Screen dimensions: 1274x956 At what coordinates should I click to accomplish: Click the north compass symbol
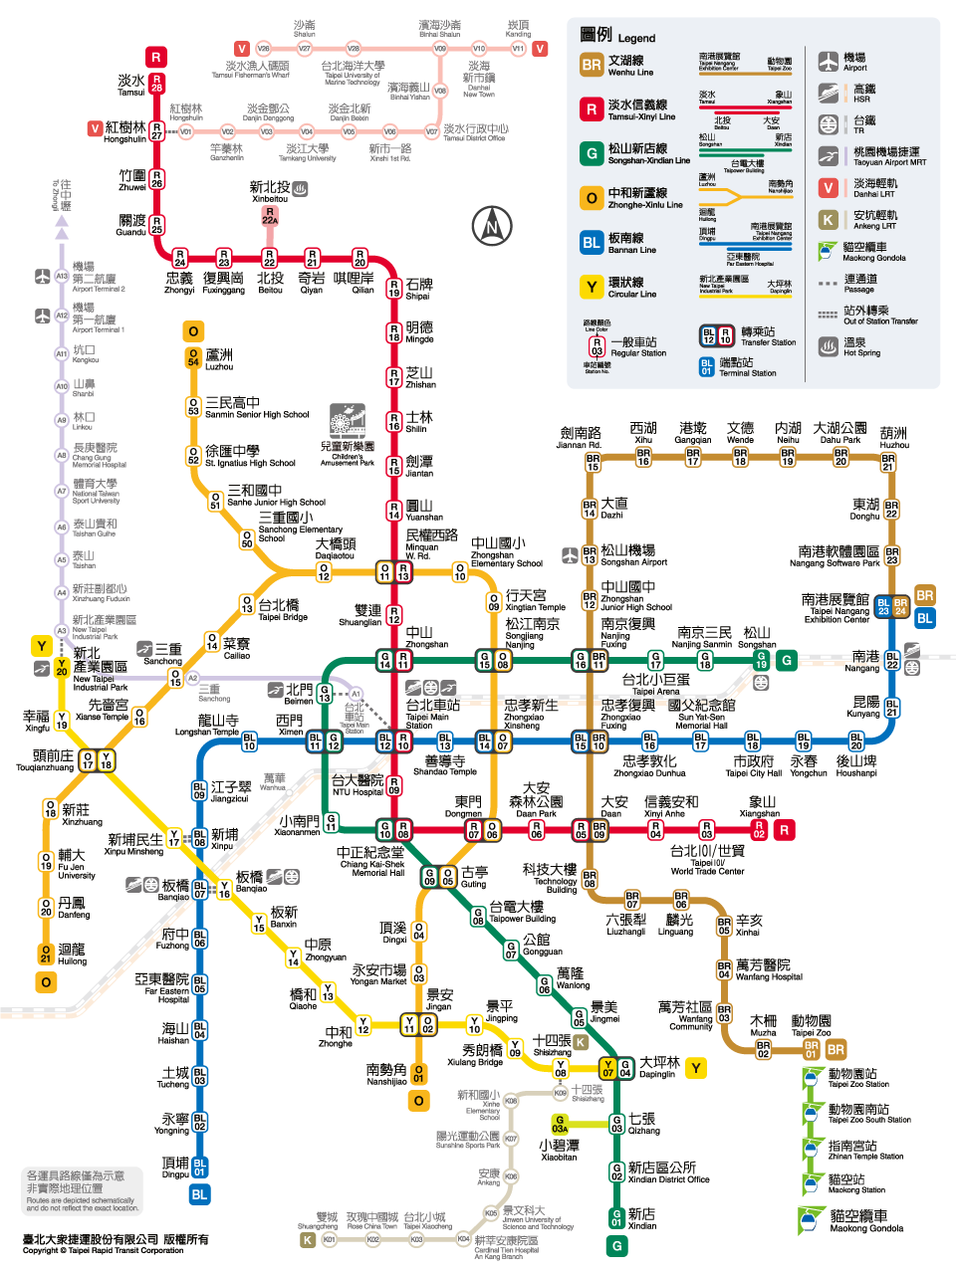(x=491, y=226)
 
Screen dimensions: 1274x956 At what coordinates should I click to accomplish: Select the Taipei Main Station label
(x=432, y=712)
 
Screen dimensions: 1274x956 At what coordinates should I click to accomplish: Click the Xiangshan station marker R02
(x=759, y=829)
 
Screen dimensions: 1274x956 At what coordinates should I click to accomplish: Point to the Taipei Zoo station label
(x=811, y=1025)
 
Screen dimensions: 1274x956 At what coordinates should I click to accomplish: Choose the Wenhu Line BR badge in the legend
(x=592, y=66)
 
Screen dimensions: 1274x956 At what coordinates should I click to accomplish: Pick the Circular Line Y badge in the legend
(x=592, y=288)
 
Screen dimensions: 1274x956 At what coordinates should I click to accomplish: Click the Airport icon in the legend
(x=829, y=62)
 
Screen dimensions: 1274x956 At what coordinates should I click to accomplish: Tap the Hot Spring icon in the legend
(x=829, y=346)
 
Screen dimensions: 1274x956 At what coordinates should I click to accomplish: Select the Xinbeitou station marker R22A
(x=269, y=215)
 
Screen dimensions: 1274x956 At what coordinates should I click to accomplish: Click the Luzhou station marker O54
(x=193, y=358)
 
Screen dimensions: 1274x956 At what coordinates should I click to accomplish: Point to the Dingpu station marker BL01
(x=200, y=1167)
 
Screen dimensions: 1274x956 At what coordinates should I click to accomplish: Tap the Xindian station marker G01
(x=617, y=1217)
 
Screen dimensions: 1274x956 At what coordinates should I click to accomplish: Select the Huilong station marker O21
(x=46, y=954)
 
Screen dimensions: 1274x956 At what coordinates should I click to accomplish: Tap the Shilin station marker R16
(x=394, y=422)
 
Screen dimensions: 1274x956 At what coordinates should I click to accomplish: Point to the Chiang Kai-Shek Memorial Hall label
(x=370, y=861)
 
